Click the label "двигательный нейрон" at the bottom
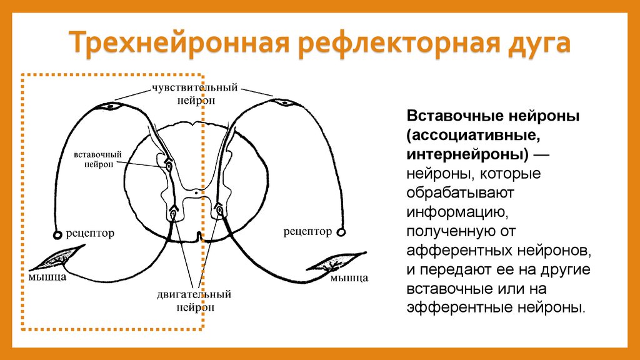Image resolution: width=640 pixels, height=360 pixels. point(194,300)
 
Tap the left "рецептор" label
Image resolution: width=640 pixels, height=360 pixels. point(91,234)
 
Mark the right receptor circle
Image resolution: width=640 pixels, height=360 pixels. point(341,232)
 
